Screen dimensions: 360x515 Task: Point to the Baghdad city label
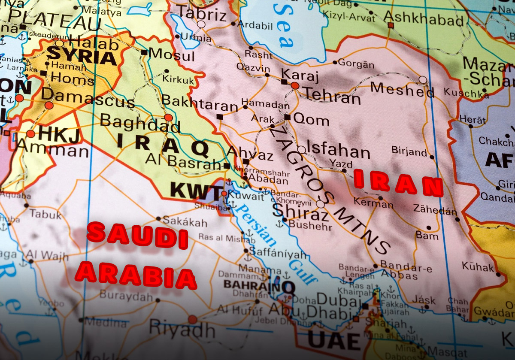(x=140, y=123)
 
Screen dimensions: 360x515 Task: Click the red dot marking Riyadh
(x=192, y=319)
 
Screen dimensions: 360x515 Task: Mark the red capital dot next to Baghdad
(x=168, y=117)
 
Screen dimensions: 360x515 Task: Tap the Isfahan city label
(x=339, y=151)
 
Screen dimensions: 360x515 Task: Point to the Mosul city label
(x=171, y=54)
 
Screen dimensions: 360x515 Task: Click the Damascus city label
(x=88, y=98)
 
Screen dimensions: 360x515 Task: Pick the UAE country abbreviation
(x=334, y=341)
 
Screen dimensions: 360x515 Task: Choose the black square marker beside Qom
(x=287, y=117)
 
